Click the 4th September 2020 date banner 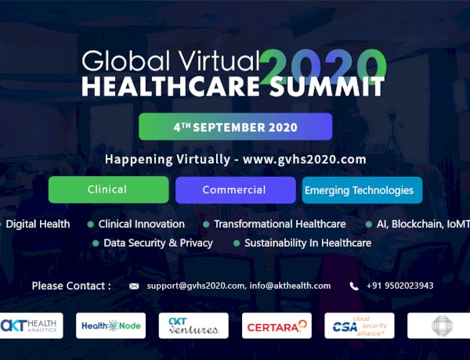click(235, 126)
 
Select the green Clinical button click(108, 190)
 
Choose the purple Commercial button click(234, 190)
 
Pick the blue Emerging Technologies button click(359, 190)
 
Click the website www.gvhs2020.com click(305, 159)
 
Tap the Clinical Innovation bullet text click(142, 224)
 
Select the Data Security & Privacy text click(157, 243)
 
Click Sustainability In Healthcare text click(307, 243)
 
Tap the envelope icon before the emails click(134, 286)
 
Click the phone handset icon click(354, 286)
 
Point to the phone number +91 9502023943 click(399, 286)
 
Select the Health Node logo click(110, 326)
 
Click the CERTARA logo click(277, 326)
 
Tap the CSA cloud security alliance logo click(360, 326)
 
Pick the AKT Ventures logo click(193, 326)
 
